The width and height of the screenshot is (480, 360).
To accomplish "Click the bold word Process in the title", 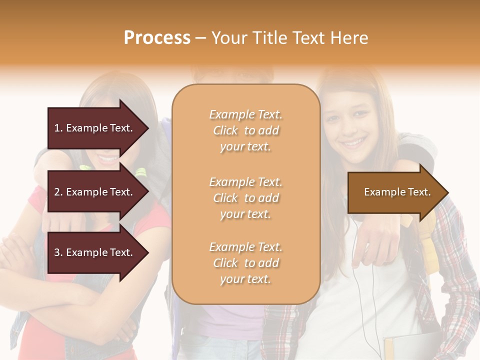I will [x=157, y=38].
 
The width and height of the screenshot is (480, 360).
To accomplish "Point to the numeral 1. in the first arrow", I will [x=58, y=128].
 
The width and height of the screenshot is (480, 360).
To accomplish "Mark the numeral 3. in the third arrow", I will [x=58, y=252].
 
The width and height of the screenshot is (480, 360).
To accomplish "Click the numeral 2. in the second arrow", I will [x=58, y=192].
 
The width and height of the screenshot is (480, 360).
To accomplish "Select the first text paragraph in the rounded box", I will [x=245, y=130].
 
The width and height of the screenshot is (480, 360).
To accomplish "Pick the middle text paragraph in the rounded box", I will [x=245, y=198].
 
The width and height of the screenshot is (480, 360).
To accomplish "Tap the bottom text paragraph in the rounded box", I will [x=245, y=263].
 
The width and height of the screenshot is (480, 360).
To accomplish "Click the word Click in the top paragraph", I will [x=225, y=130].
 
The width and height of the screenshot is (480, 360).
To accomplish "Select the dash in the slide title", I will [x=201, y=38].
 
